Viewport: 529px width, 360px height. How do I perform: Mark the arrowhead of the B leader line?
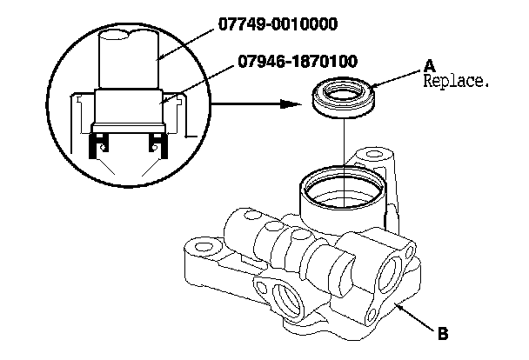coord(397,305)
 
